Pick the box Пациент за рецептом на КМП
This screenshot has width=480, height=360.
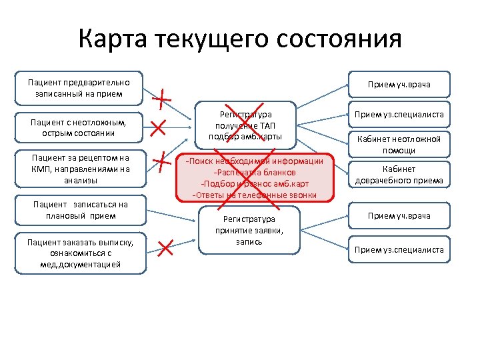pos(79,169)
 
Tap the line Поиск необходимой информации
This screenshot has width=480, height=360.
pos(255,161)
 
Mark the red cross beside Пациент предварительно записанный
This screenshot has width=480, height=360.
pos(161,99)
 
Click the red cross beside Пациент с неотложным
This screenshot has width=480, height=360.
pos(159,127)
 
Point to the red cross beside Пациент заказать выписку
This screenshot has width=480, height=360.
pos(166,249)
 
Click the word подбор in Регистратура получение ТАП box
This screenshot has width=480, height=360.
pos(223,137)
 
